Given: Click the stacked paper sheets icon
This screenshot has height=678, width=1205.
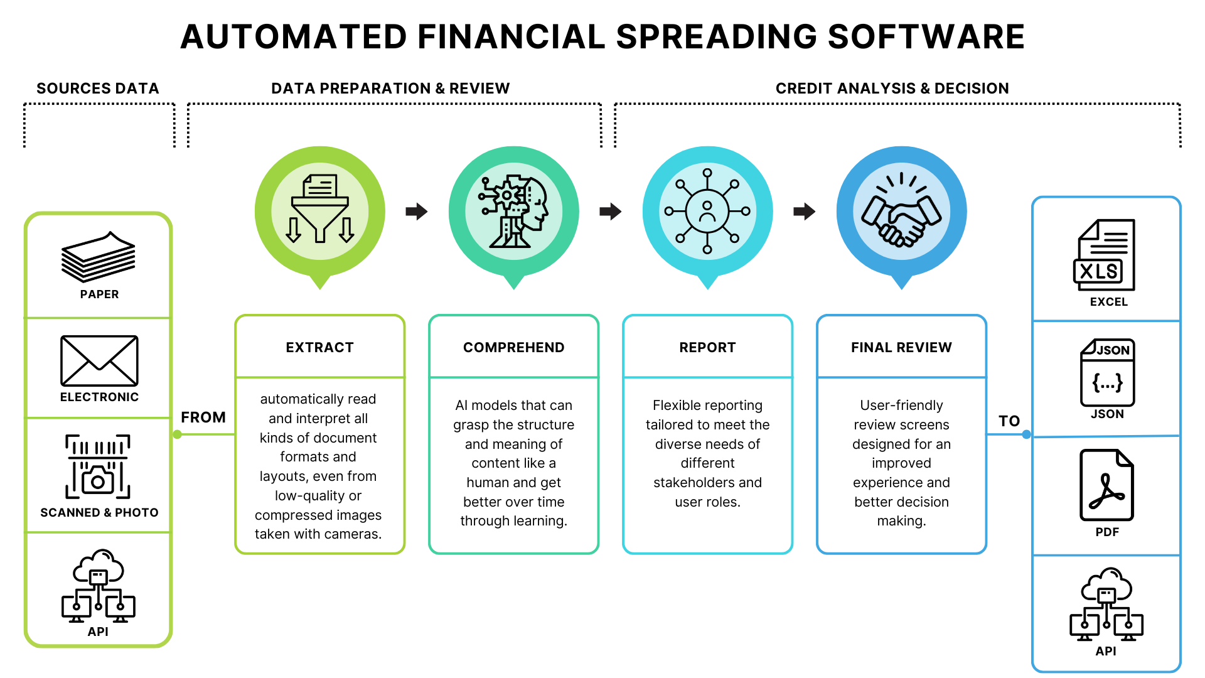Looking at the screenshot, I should coord(99,257).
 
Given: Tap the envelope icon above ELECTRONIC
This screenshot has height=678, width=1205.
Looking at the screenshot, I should coord(99,360).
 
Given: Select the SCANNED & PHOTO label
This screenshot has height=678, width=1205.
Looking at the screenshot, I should coord(99,513).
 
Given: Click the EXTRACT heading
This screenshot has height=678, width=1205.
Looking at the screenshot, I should coord(319,347).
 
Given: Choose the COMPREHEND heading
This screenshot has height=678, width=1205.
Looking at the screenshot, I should coord(513,347).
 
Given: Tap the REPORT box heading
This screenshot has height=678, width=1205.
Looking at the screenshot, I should coord(707,347).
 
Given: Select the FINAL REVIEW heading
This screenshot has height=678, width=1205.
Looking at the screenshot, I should coord(901,347).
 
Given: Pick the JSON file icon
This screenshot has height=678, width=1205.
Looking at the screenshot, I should coord(1107,372).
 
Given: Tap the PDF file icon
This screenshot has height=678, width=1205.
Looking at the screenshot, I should coord(1106,485).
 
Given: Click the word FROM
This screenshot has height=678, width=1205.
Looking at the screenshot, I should coord(203,417).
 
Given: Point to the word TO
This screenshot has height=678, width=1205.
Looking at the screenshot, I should coord(1009,421).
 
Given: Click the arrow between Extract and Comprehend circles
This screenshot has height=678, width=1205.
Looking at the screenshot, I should coord(417,212).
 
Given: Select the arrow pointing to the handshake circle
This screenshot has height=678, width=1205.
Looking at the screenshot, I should coord(805,212).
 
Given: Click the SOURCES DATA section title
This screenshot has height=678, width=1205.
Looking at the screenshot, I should coord(98,89).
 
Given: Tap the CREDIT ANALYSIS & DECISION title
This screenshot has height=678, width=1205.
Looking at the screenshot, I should coord(892,89).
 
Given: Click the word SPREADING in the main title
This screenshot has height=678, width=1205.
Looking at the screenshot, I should coord(717,36).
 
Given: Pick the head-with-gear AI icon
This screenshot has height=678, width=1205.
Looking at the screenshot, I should coord(514,212).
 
